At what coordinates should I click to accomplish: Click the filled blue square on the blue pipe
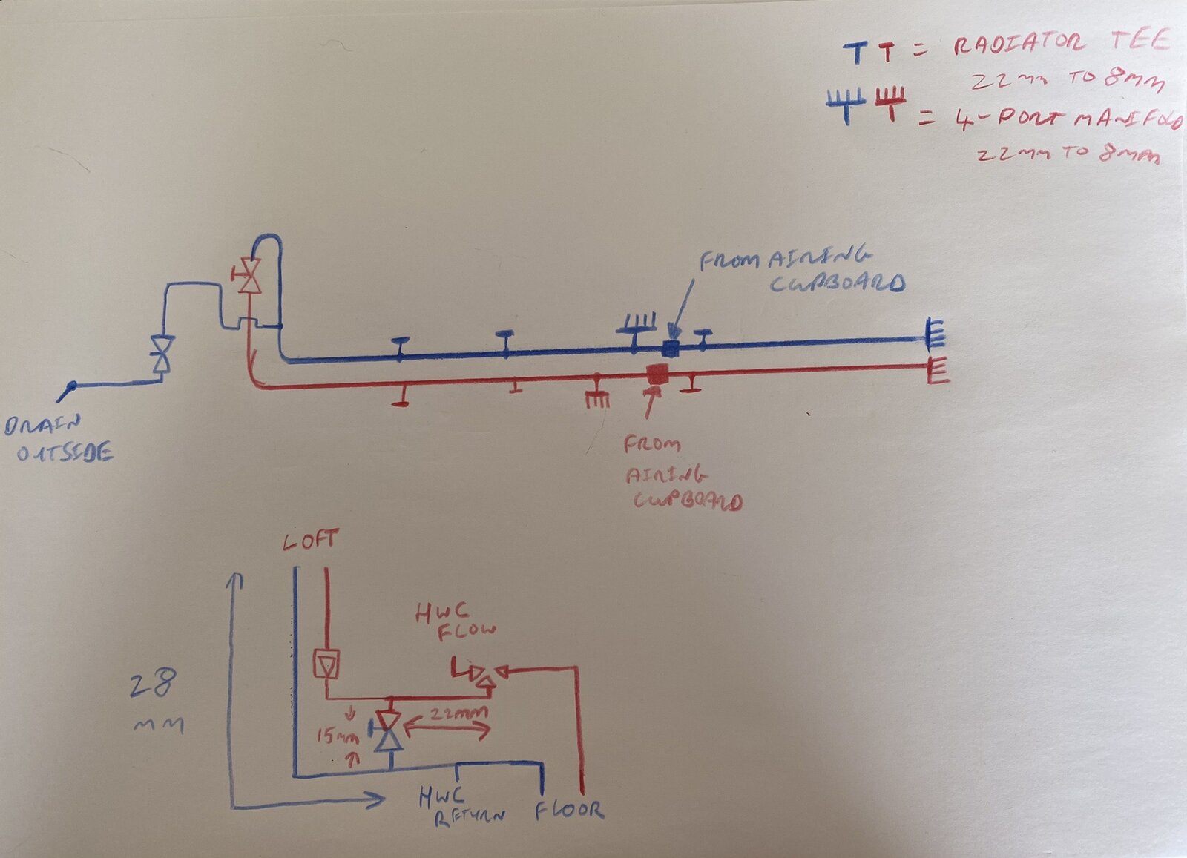(670, 348)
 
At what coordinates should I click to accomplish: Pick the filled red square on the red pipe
(657, 373)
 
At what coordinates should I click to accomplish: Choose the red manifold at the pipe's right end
(937, 369)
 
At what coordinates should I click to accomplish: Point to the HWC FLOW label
(454, 621)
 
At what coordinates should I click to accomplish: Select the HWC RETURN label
(460, 807)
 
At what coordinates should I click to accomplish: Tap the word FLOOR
(570, 811)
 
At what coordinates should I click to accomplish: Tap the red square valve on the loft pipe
(326, 664)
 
